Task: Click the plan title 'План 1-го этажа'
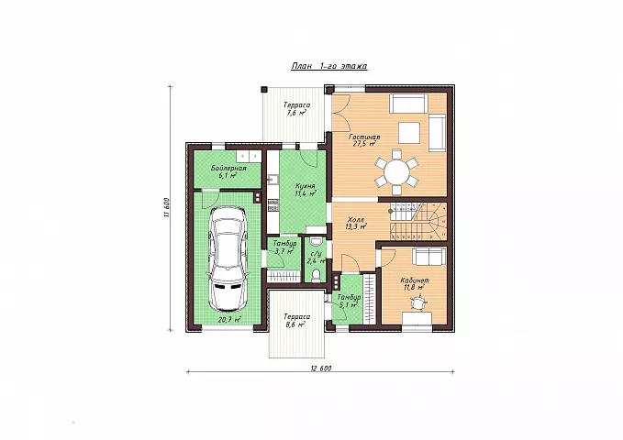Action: tap(329, 66)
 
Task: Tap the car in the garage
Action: tap(228, 258)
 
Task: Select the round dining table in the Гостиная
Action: tap(396, 172)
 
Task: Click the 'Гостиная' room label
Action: tap(364, 137)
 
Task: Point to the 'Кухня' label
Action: tap(306, 186)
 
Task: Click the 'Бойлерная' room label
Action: tap(228, 169)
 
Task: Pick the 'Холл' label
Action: tap(356, 220)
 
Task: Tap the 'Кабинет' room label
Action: tap(415, 280)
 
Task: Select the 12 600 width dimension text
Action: tap(320, 368)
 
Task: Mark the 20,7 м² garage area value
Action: tap(229, 319)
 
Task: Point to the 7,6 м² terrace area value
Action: tap(296, 113)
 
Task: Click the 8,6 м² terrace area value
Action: tap(295, 324)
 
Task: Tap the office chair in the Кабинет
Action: tap(417, 303)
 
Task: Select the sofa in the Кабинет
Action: tap(428, 256)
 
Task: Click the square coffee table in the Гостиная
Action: tap(409, 133)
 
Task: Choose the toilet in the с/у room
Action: tap(316, 275)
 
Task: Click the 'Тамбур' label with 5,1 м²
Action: tap(349, 297)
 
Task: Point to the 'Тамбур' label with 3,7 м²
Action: tap(284, 244)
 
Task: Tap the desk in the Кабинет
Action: tap(417, 318)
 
